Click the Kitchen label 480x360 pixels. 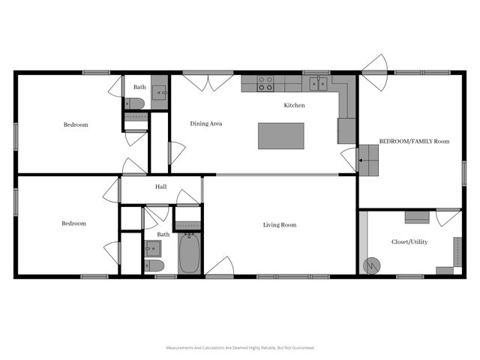click(x=294, y=106)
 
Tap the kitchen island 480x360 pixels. click(x=280, y=136)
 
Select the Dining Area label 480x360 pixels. click(x=205, y=124)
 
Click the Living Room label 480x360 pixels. click(x=279, y=225)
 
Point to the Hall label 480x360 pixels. click(x=160, y=187)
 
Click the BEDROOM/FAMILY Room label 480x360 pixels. click(x=414, y=141)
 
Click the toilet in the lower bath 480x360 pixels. click(x=154, y=265)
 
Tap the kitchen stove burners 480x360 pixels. click(x=265, y=83)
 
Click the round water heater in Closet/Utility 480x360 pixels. click(x=371, y=265)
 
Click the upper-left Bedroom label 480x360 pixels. click(x=75, y=124)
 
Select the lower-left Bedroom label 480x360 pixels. click(x=73, y=223)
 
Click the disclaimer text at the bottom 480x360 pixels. click(x=240, y=348)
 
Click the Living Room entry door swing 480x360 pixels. click(x=220, y=267)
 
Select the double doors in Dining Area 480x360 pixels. click(x=208, y=82)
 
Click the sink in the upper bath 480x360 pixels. click(x=160, y=91)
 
